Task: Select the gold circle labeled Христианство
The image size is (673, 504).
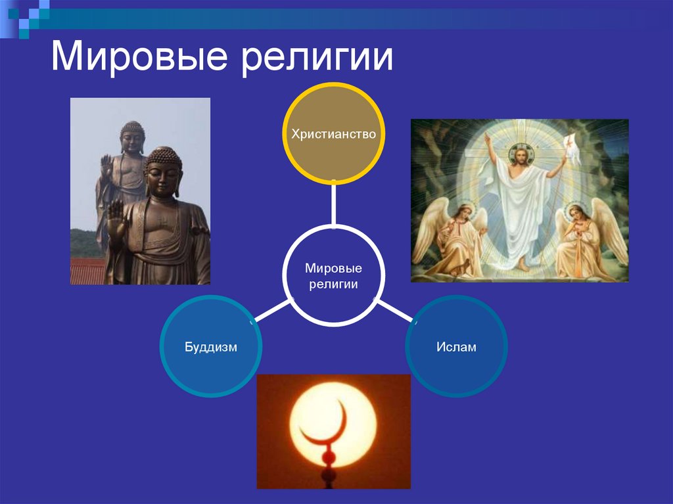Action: tap(333, 134)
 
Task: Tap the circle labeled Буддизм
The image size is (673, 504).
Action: tap(210, 346)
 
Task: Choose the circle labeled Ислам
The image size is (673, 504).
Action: tap(456, 346)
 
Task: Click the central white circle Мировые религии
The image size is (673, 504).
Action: tap(333, 275)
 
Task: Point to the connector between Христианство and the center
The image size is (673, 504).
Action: tap(333, 204)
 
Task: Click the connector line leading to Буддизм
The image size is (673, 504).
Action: tap(271, 311)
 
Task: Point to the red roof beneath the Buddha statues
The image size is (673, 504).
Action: tap(87, 271)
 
